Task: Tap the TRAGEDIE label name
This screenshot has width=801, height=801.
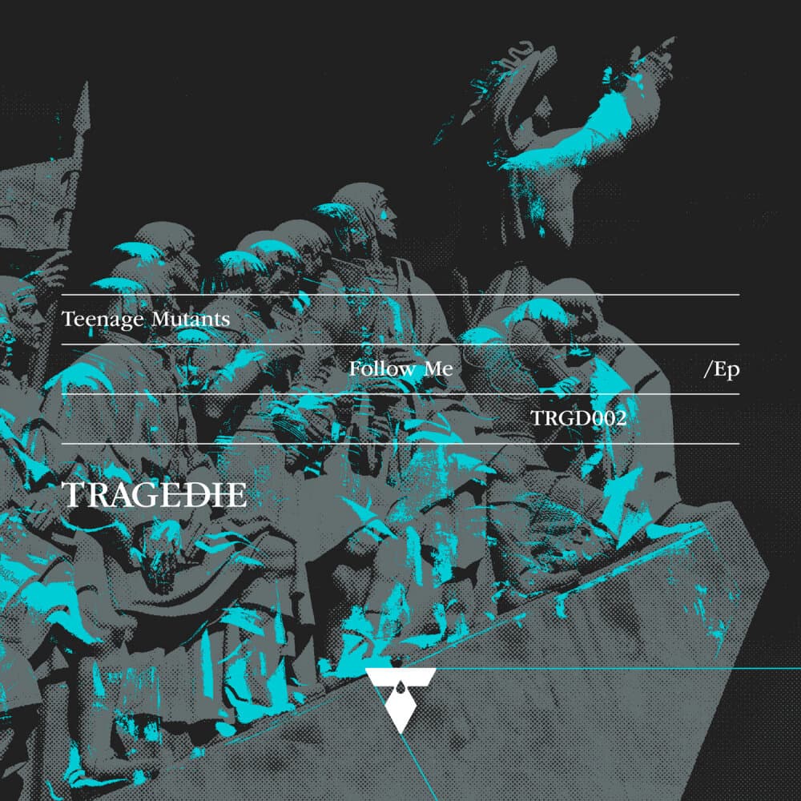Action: (x=155, y=495)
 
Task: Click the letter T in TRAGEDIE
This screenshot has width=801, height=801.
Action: (x=73, y=495)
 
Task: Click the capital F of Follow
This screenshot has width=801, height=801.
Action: (x=354, y=368)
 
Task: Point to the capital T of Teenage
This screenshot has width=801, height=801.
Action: (x=67, y=319)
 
